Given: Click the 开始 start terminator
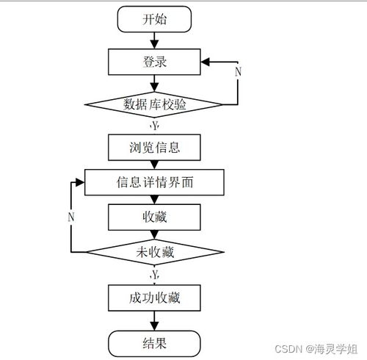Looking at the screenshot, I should coord(154,19).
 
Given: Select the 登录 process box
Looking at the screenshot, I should coord(154,61).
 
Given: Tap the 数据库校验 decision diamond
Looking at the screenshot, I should coord(154,104).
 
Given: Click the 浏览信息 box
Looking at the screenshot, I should coord(154,147).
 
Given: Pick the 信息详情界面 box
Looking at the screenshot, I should coord(154,181).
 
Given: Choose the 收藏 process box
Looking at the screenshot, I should coord(154,217).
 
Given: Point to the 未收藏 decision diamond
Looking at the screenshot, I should coord(154,252).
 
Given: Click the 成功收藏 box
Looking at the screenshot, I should coord(154,298).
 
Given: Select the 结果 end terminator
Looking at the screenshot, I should coord(154,342).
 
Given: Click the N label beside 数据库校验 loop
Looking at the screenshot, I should coord(237,71).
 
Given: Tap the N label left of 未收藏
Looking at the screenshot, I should coord(71,217).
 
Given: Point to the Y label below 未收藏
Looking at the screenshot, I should coord(154,275).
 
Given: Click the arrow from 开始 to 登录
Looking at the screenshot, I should coord(154,40).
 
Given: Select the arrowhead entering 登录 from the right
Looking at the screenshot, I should coord(206,61).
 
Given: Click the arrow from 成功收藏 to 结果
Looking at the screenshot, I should coord(154,320).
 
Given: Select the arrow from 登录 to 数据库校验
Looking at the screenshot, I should coord(154,82).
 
